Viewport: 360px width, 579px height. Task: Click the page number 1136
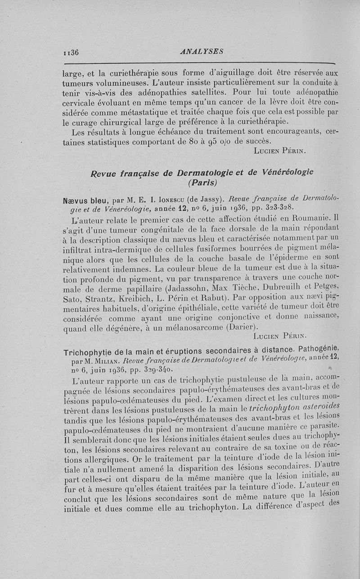tap(71, 52)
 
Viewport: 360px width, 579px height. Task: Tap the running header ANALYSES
tap(201, 51)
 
